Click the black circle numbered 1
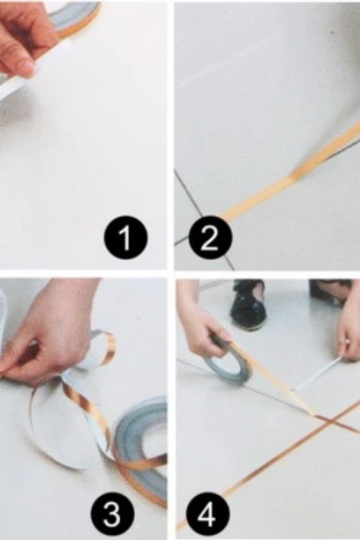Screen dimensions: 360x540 coord(126,238)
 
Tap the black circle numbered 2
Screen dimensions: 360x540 coord(210,238)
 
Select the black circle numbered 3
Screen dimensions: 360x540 coord(113,514)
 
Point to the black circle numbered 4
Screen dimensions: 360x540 coord(208,514)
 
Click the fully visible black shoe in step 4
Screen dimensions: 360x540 coord(248,305)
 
